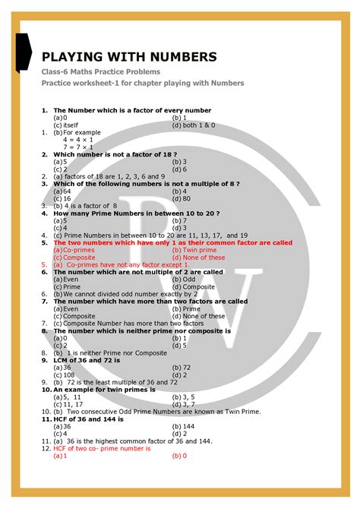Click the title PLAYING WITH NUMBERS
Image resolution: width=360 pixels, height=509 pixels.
pyautogui.click(x=129, y=56)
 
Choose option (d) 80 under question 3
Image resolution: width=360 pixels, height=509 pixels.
pyautogui.click(x=182, y=198)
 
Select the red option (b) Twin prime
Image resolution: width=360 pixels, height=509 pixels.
pyautogui.click(x=194, y=250)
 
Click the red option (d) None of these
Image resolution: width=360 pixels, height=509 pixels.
pyautogui.click(x=198, y=257)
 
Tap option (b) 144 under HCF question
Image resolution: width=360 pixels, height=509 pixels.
pyautogui.click(x=183, y=425)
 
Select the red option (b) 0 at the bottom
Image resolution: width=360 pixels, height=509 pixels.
pyautogui.click(x=179, y=456)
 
